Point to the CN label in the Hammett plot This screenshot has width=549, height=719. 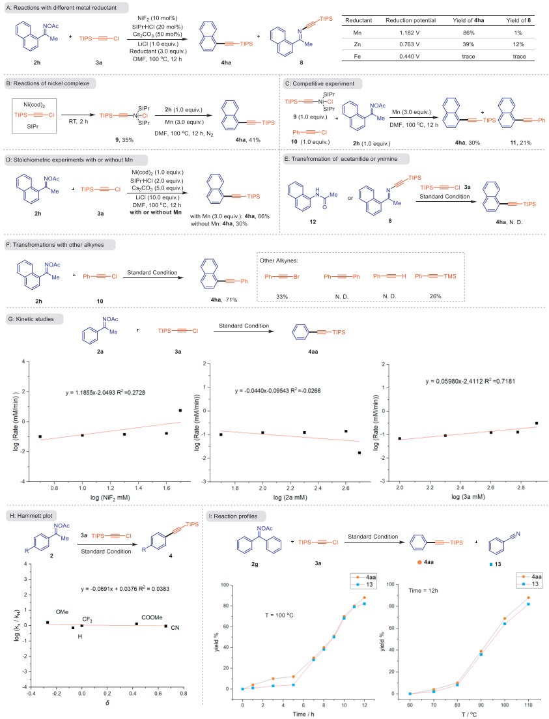tap(175, 627)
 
